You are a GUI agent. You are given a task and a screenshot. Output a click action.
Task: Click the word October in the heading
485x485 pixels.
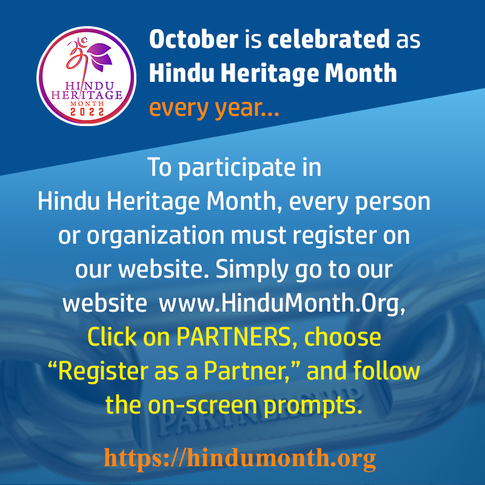pos(193,41)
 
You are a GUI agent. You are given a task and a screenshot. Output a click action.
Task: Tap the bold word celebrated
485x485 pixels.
pos(329,41)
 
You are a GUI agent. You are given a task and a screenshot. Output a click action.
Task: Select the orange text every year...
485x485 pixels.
pos(214,109)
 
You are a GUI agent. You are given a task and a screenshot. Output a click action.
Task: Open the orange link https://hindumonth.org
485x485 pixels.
pos(239,457)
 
